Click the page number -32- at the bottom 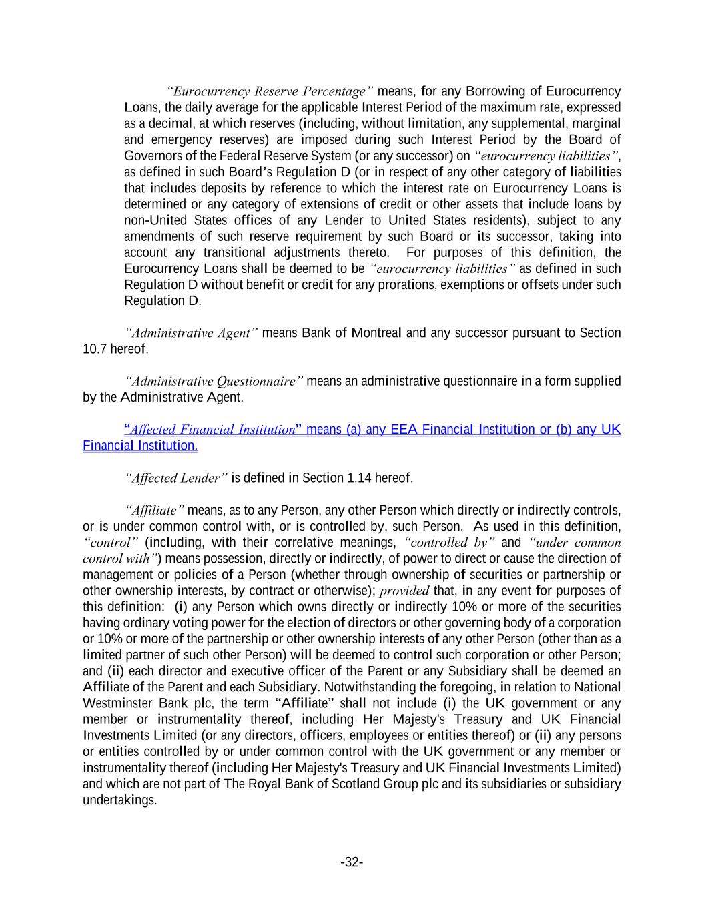click(352, 862)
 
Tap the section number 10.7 click(92, 349)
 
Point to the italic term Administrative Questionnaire click(214, 382)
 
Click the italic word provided click(404, 591)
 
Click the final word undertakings click(119, 800)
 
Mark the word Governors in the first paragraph click(153, 156)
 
